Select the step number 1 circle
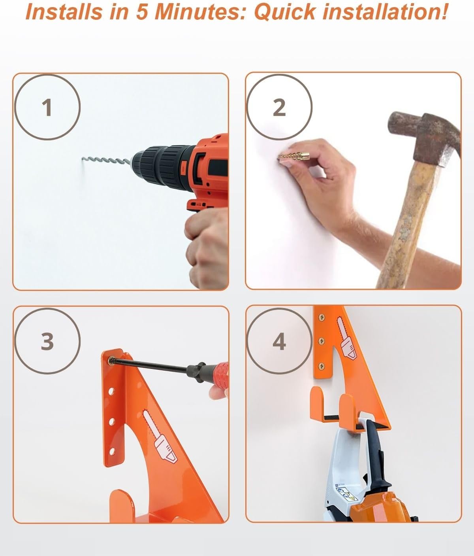point(47,107)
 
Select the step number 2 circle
point(279,107)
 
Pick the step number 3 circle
point(47,340)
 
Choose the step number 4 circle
point(279,340)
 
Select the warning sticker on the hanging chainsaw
point(344,492)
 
